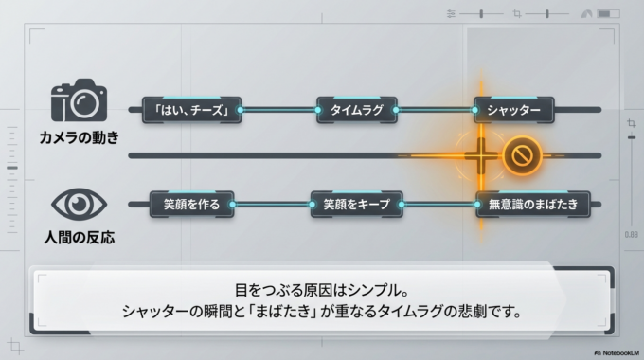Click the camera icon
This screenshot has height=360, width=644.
[x=79, y=99]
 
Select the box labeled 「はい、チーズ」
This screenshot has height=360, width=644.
[x=191, y=110]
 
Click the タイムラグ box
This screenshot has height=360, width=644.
[x=356, y=110]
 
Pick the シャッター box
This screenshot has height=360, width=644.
[x=513, y=110]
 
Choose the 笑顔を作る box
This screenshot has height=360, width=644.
[x=191, y=204]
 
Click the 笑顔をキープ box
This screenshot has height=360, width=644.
[x=356, y=204]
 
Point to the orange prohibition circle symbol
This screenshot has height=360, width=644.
[x=521, y=155]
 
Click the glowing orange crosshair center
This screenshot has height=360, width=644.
[x=480, y=154]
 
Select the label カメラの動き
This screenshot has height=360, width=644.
[x=79, y=137]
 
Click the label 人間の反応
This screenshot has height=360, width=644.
[x=79, y=238]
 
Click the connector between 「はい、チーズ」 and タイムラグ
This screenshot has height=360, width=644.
[x=278, y=110]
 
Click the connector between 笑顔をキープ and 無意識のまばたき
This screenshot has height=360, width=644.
[x=439, y=204]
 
